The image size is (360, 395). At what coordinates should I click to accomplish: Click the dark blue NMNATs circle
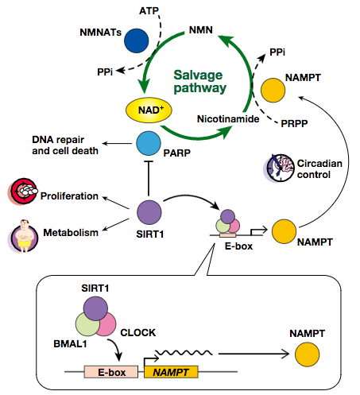[x=137, y=41]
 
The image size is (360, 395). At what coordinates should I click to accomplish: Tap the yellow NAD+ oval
[x=149, y=110]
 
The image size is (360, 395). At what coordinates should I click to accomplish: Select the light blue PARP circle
[x=149, y=143]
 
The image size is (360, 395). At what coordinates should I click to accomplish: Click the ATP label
[x=149, y=11]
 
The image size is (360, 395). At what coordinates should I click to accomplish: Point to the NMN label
[x=201, y=30]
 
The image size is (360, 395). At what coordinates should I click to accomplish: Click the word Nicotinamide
[x=228, y=119]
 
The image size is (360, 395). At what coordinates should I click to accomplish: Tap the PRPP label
[x=294, y=123]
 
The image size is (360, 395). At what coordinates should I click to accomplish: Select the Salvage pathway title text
[x=200, y=81]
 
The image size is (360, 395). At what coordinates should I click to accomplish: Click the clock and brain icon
[x=280, y=168]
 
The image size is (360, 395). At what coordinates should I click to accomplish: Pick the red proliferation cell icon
[x=22, y=192]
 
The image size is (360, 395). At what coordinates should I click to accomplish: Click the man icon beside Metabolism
[x=24, y=236]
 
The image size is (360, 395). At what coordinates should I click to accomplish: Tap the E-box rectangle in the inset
[x=111, y=372]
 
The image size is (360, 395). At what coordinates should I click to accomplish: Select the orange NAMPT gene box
[x=171, y=372]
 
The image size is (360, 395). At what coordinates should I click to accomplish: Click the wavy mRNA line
[x=184, y=352]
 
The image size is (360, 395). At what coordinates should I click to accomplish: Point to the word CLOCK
[x=138, y=333]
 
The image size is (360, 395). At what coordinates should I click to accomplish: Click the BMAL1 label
[x=70, y=344]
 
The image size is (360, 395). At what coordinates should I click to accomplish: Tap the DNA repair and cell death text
[x=65, y=145]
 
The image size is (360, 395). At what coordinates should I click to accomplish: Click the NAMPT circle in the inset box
[x=308, y=354]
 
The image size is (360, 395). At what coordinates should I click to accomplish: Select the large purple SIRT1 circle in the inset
[x=95, y=308]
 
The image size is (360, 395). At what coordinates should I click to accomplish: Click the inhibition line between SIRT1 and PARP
[x=149, y=178]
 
